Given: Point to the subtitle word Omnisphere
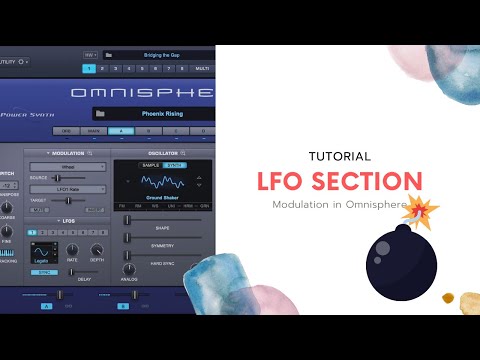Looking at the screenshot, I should [x=378, y=204].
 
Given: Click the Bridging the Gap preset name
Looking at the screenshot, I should [x=159, y=55].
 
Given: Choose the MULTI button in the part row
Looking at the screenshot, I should [x=201, y=69].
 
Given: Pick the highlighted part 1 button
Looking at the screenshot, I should [x=89, y=69].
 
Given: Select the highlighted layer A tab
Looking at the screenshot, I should [x=121, y=131].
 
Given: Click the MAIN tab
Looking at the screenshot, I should [x=95, y=131].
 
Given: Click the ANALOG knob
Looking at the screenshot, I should [x=128, y=269].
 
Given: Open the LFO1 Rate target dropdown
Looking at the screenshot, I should [x=68, y=188].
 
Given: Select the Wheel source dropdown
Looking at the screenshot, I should [x=68, y=165].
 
